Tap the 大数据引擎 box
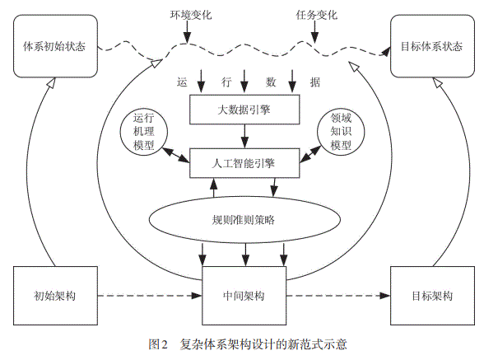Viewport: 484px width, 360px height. click(242, 108)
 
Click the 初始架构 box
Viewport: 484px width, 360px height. click(55, 295)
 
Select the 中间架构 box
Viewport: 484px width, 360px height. click(243, 295)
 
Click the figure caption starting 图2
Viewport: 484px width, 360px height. click(242, 344)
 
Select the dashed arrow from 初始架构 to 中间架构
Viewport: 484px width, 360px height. click(149, 295)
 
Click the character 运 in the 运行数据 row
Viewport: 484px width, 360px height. click(182, 82)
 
